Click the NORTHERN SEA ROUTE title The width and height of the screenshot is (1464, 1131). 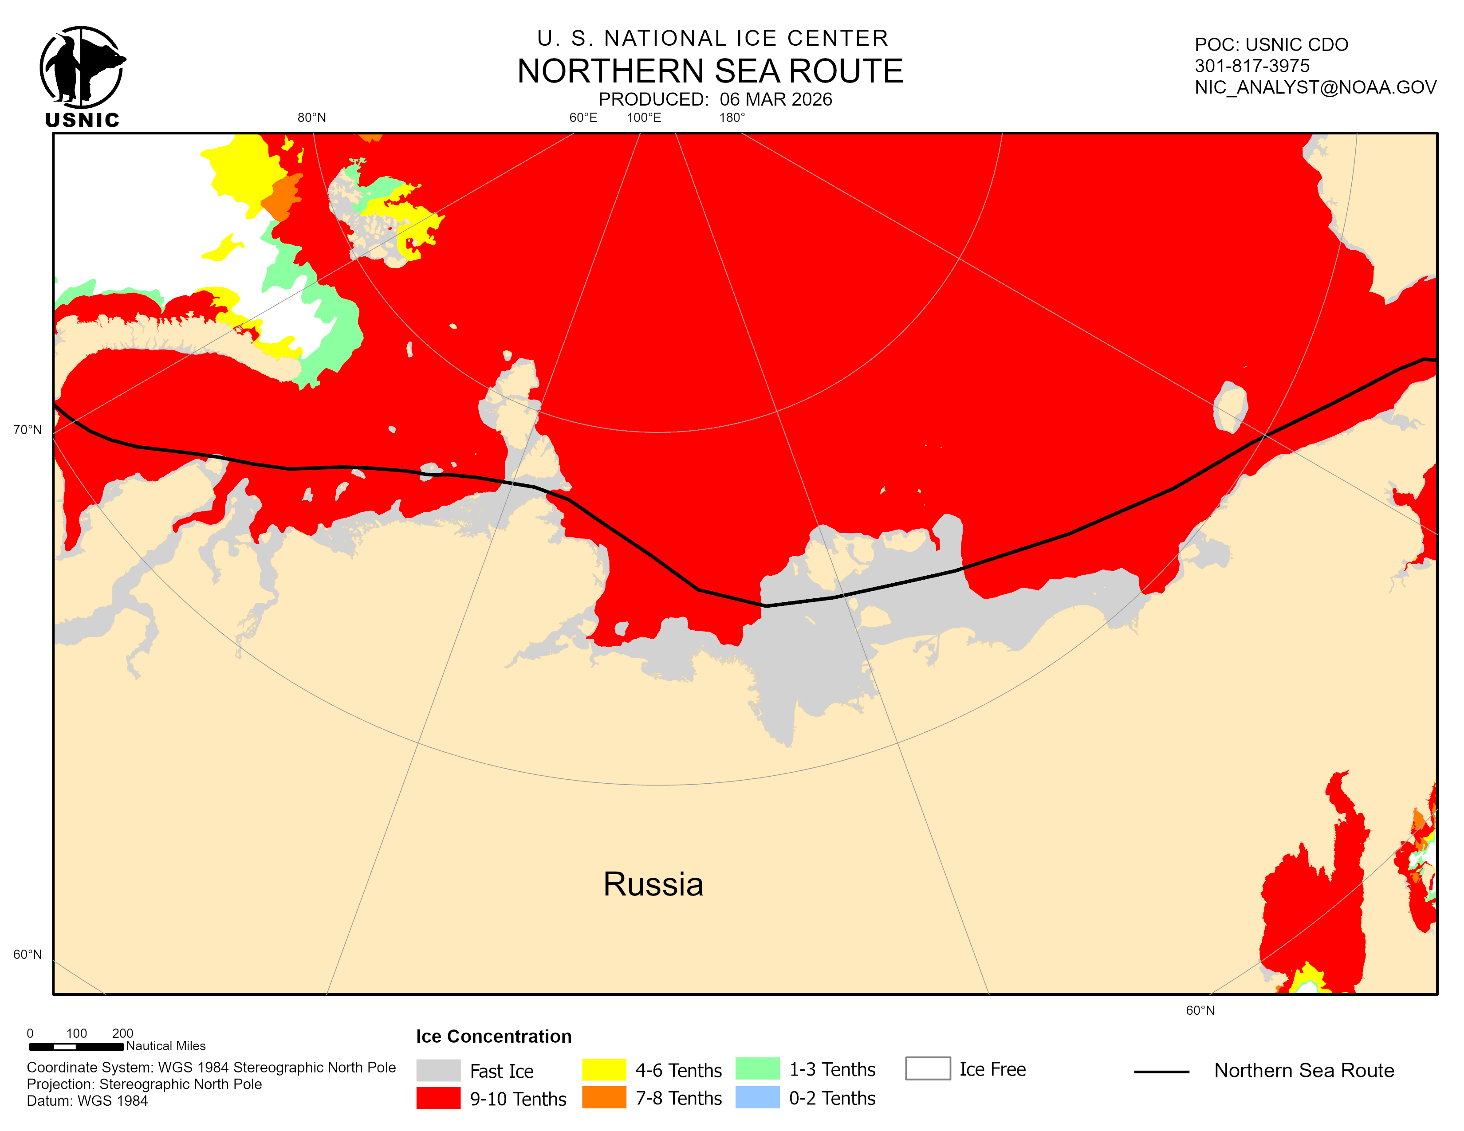click(710, 71)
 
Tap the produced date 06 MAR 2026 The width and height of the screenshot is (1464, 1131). click(775, 100)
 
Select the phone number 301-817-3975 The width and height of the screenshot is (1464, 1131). click(1251, 66)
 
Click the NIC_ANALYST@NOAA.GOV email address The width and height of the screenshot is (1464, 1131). click(1314, 87)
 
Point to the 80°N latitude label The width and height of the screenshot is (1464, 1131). click(312, 118)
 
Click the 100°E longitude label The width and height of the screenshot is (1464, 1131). click(644, 118)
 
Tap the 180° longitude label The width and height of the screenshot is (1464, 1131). click(732, 118)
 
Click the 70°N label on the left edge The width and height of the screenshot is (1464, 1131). click(28, 429)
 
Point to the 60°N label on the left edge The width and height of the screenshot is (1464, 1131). click(28, 954)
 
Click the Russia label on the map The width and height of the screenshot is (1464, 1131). click(653, 884)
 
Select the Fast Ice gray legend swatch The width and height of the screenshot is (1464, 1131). click(438, 1070)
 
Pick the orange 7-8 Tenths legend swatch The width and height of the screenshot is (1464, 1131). click(603, 1097)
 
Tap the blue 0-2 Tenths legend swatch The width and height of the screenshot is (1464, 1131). click(757, 1097)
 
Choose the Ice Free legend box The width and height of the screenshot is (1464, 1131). click(927, 1069)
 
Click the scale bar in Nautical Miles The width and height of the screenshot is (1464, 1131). click(76, 1046)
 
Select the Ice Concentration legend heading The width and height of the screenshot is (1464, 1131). click(493, 1037)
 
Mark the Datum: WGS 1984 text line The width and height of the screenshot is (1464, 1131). click(87, 1101)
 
